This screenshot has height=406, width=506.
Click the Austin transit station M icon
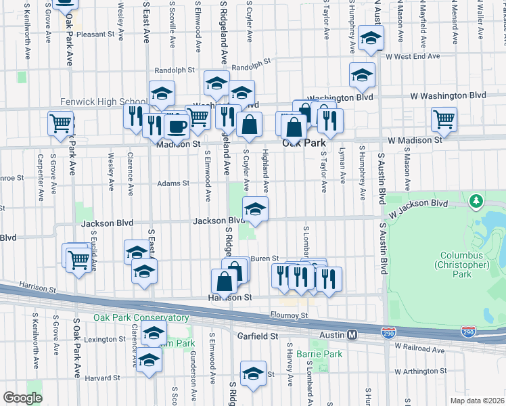point(352,335)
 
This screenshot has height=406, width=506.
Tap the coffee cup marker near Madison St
point(177,126)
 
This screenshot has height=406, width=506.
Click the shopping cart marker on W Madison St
point(444,120)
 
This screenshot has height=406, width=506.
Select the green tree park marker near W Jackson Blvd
point(477,200)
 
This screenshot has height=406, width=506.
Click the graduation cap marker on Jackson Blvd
point(255,209)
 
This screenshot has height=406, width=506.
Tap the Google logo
point(22,398)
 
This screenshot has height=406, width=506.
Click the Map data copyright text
point(477,401)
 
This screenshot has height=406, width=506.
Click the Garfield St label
point(258,336)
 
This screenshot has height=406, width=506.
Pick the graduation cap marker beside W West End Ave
point(371,39)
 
